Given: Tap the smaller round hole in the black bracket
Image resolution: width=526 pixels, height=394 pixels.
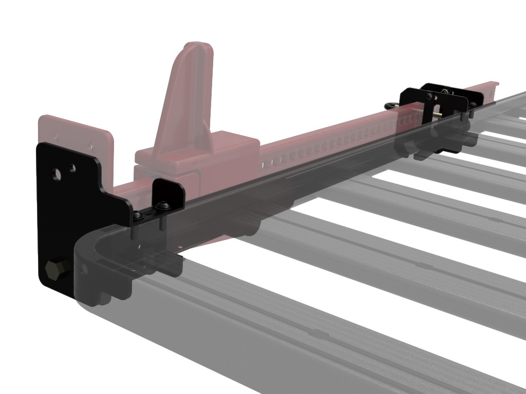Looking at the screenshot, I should [72, 168].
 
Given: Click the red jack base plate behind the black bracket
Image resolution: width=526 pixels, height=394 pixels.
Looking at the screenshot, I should [77, 133].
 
